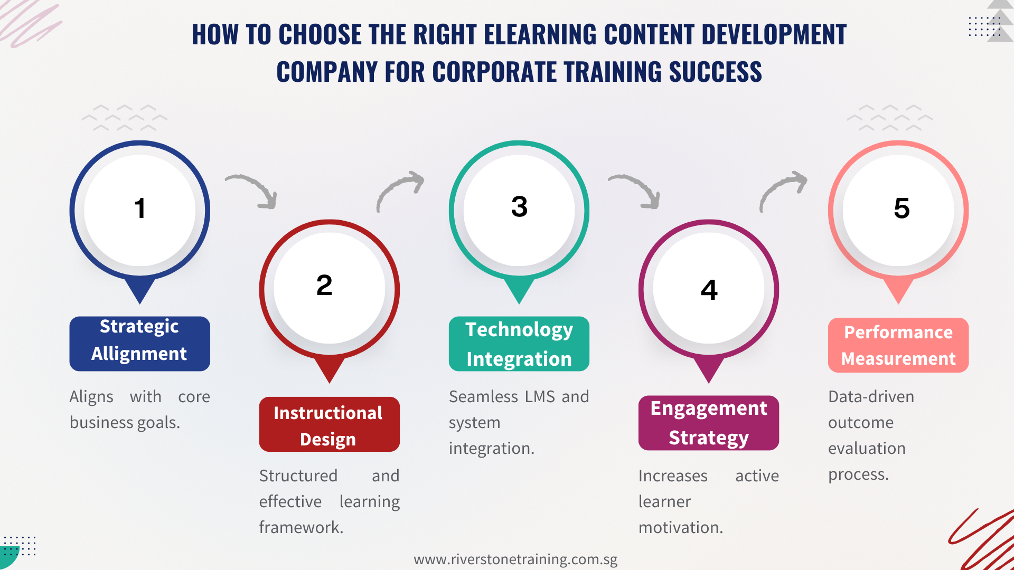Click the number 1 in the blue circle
(139, 208)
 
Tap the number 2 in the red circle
(324, 286)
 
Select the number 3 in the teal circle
(519, 206)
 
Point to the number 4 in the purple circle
(709, 290)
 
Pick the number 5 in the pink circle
(902, 208)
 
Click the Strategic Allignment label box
(139, 344)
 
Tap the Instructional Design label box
(329, 424)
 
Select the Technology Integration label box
(519, 344)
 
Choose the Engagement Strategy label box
(708, 423)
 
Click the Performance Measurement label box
(898, 345)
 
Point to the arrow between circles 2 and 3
(400, 190)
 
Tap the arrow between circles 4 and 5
(783, 190)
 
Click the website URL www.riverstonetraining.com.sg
(515, 559)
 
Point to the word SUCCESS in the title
(715, 72)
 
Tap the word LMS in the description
(540, 397)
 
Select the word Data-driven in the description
(871, 397)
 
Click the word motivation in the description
(680, 528)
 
